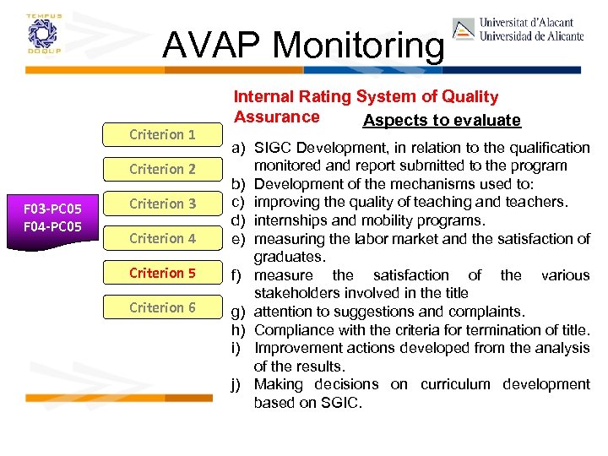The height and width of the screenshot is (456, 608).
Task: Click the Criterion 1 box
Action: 162,134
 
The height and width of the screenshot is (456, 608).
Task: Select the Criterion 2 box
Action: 162,169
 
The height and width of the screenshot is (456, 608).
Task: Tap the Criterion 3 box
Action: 162,204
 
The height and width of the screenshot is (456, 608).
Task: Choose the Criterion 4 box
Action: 162,238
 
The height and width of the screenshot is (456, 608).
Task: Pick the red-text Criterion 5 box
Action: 162,273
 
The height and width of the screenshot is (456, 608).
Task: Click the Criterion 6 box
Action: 162,307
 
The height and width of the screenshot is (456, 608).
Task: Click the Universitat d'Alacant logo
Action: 518,30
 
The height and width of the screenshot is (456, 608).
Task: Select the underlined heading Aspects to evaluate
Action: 442,121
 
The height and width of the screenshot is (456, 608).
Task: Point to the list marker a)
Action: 239,148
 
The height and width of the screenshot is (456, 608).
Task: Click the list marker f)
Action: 239,275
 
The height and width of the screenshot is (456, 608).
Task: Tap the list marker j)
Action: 239,385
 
